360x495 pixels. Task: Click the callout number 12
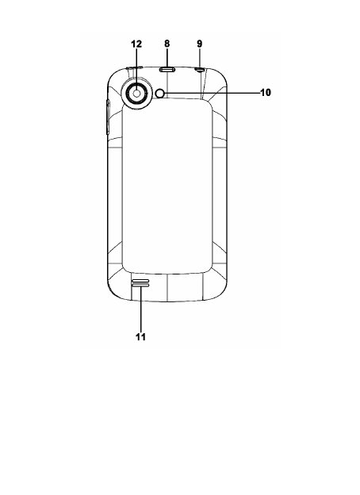coord(136,44)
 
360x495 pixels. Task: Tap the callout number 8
coord(167,44)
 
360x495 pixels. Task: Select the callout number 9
coord(199,44)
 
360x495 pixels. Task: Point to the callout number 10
coord(266,93)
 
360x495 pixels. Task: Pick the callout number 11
coord(140,337)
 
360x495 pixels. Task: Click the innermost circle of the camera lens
coord(137,93)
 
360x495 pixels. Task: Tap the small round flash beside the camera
coord(160,93)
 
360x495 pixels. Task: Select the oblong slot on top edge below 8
coord(167,69)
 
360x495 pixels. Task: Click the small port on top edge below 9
coord(199,70)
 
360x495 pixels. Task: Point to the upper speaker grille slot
coord(140,281)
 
